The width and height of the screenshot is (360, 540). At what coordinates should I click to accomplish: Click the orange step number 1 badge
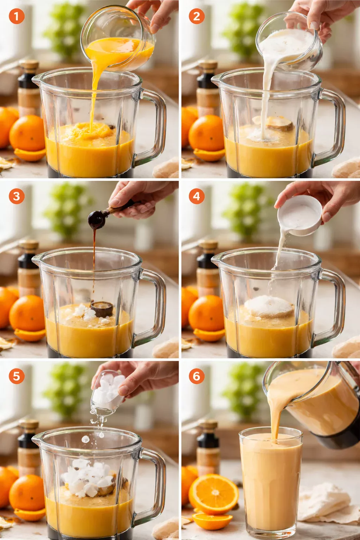coord(16,16)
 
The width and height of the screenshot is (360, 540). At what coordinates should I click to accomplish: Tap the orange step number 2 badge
coord(197,16)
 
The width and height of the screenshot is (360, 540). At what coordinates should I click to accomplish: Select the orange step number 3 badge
coord(16,196)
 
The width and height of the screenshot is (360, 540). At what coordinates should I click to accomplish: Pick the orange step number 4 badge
coord(197,196)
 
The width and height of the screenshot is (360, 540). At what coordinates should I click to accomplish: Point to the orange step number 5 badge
coord(16,376)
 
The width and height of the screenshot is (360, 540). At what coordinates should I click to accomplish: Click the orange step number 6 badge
coord(197,376)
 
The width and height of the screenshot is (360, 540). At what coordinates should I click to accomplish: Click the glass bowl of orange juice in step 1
coord(118,40)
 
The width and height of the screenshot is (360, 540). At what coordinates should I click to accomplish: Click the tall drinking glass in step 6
coord(271,485)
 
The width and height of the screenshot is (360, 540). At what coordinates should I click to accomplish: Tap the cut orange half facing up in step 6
coord(213,494)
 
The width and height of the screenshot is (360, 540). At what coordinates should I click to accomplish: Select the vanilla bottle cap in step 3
coord(28,245)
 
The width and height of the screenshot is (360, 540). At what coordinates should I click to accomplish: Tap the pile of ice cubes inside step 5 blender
coord(88,478)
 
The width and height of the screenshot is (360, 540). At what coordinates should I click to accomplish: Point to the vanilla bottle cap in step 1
coord(28,65)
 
